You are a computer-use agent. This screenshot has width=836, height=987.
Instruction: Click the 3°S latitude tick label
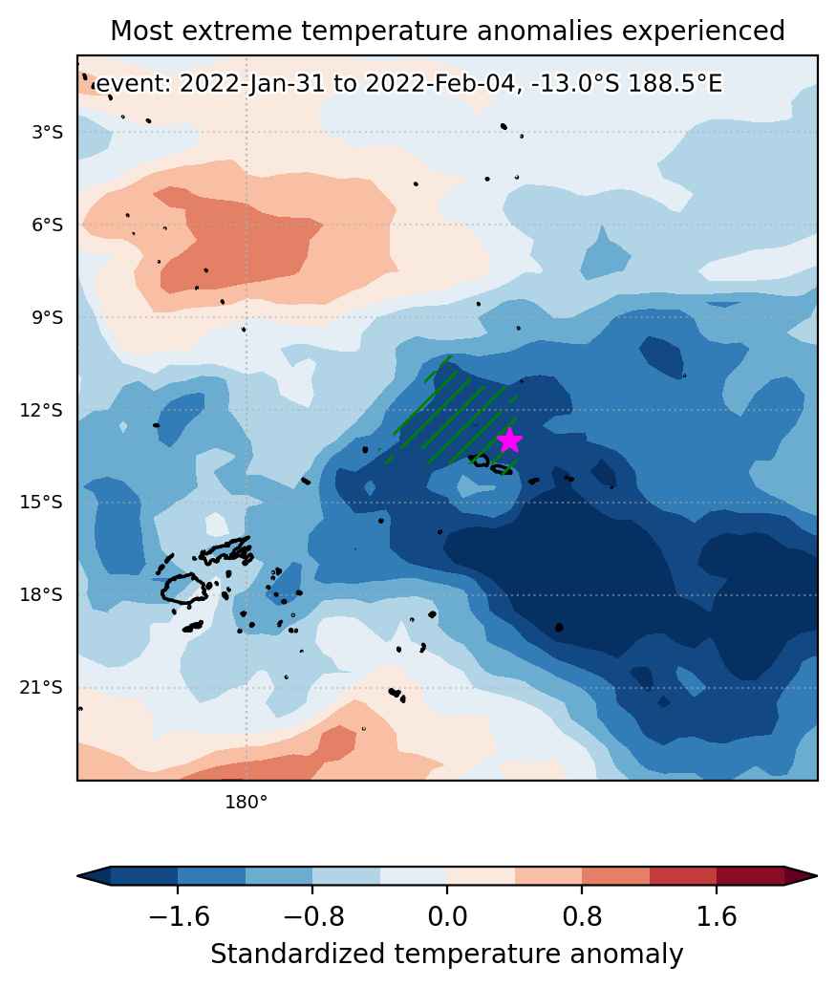[x=48, y=132]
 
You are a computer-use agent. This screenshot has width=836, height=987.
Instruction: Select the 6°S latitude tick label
[x=48, y=225]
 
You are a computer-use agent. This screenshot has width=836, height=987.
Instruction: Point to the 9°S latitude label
[x=48, y=317]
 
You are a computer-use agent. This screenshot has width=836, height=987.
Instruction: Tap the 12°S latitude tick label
[x=42, y=410]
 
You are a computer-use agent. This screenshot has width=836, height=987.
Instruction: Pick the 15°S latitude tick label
[x=42, y=503]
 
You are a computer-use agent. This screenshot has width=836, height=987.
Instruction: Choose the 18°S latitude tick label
[x=42, y=595]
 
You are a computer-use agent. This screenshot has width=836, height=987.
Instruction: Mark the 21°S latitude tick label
[x=42, y=687]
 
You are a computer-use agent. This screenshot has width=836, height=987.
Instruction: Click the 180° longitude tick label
[x=247, y=802]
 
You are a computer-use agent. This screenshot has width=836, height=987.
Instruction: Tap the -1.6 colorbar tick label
[x=178, y=916]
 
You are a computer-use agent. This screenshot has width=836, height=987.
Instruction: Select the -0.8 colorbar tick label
[x=312, y=916]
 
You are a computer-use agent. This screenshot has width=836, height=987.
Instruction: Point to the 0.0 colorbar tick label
[x=447, y=916]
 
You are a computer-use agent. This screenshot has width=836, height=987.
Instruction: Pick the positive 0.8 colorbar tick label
[x=582, y=916]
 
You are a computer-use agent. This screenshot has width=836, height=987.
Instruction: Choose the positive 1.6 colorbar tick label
[x=717, y=916]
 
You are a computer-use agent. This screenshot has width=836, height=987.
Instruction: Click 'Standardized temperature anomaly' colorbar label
[x=447, y=954]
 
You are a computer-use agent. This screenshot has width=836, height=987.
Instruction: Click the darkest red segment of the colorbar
[x=750, y=875]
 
